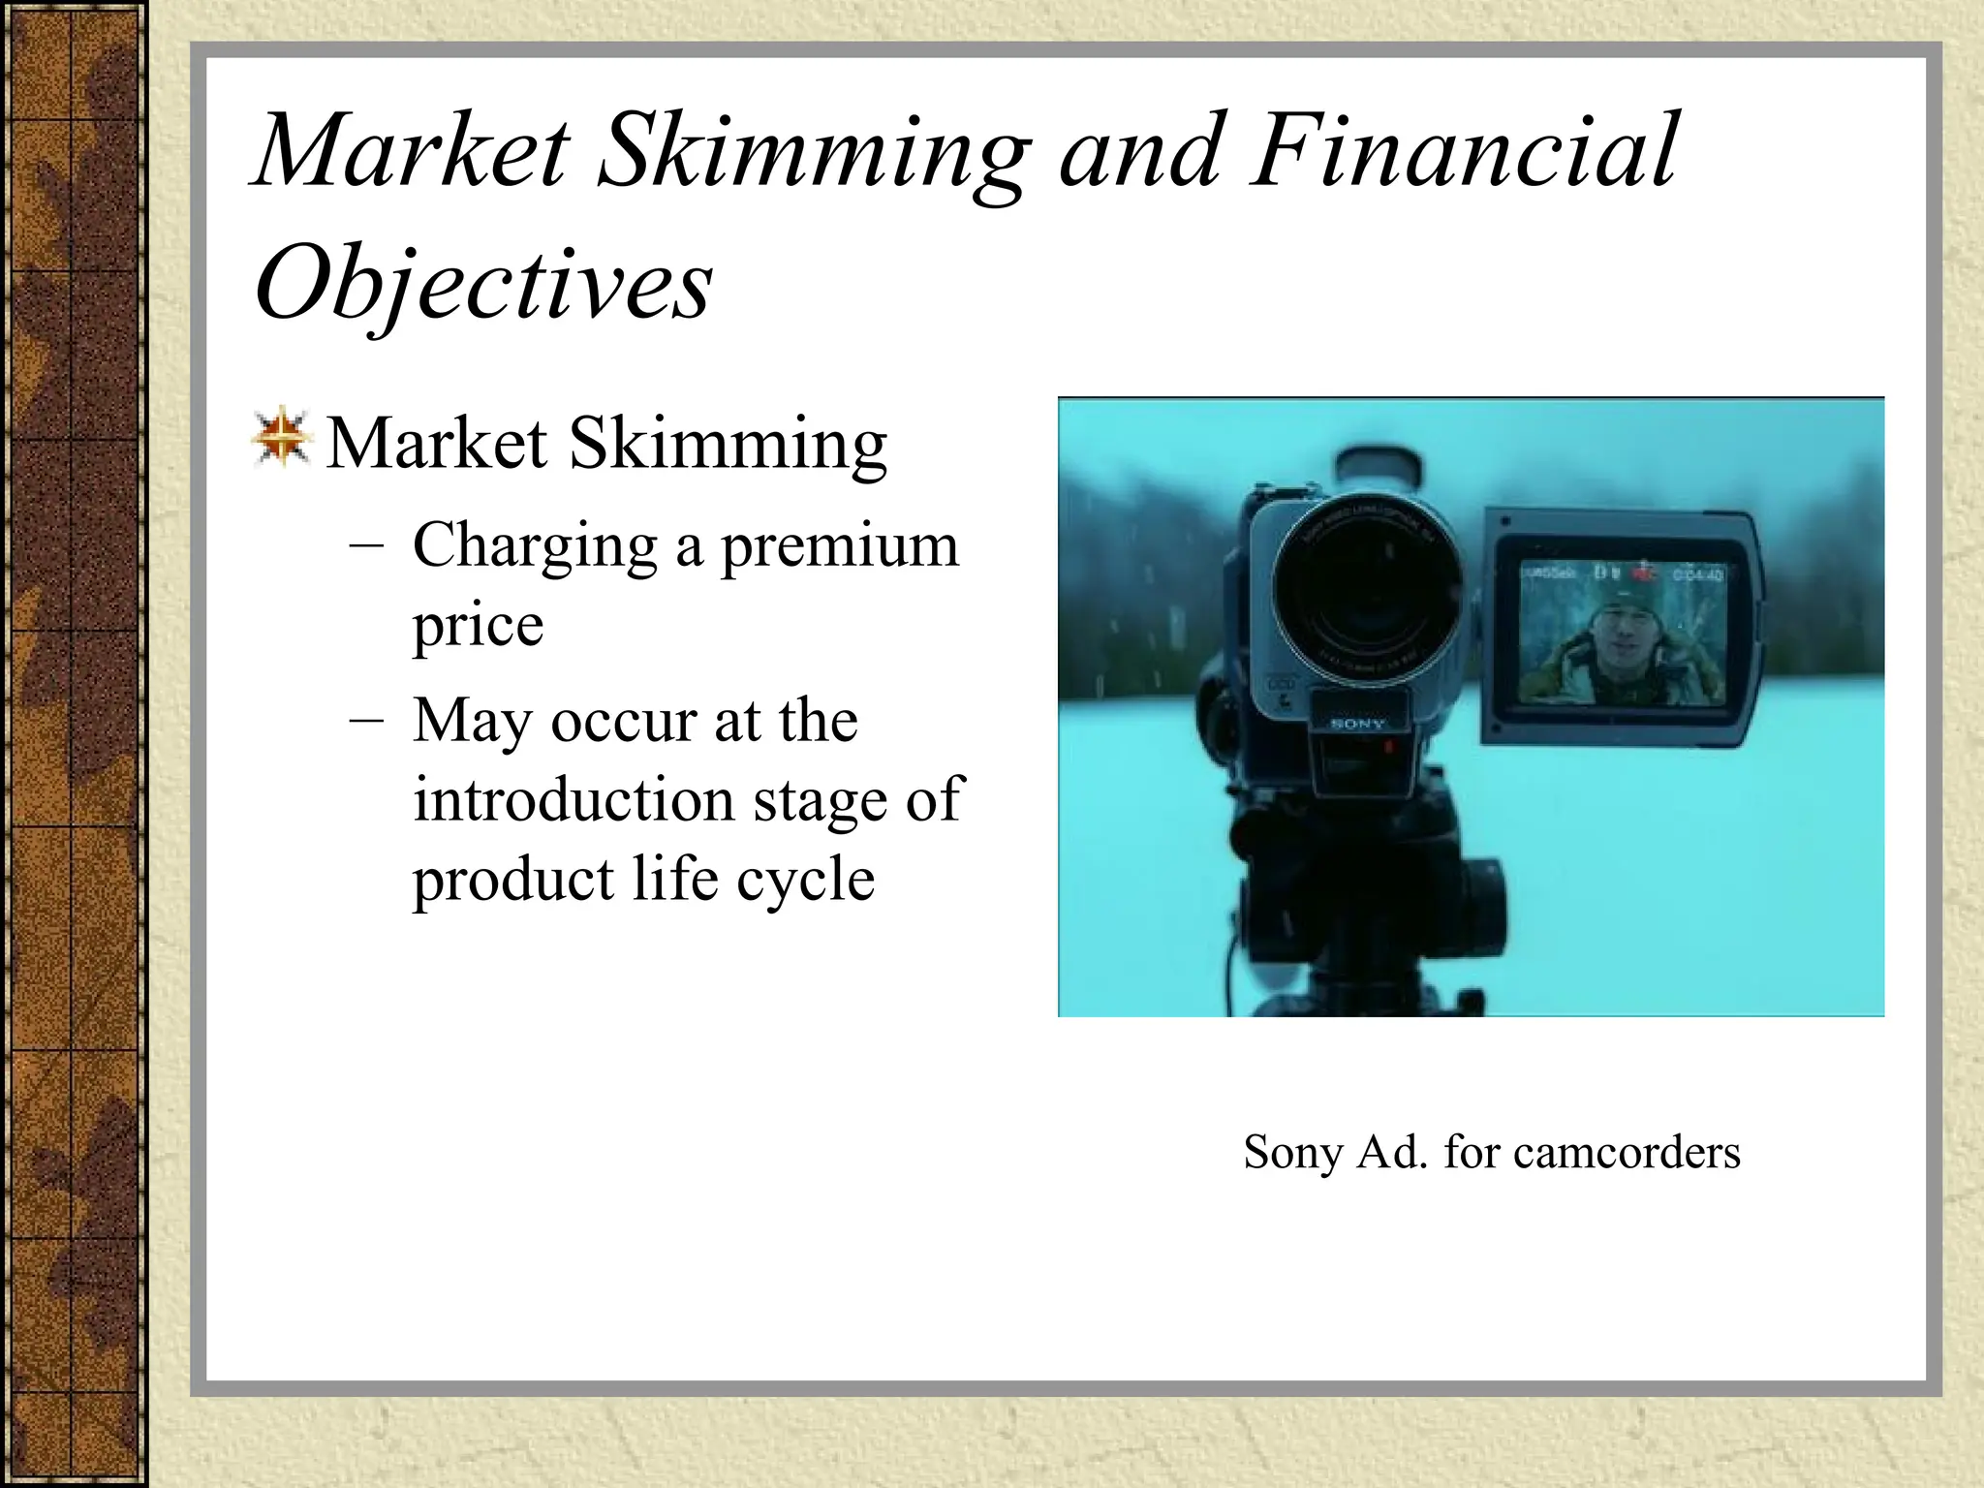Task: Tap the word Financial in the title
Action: coord(1463,152)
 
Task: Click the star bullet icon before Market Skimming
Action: coord(281,439)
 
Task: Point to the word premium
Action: coord(839,547)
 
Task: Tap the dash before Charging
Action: coord(366,545)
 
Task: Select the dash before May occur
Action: coord(366,722)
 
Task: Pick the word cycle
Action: coord(805,880)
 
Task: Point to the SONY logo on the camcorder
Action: coord(1357,724)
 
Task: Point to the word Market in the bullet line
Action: coord(436,444)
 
